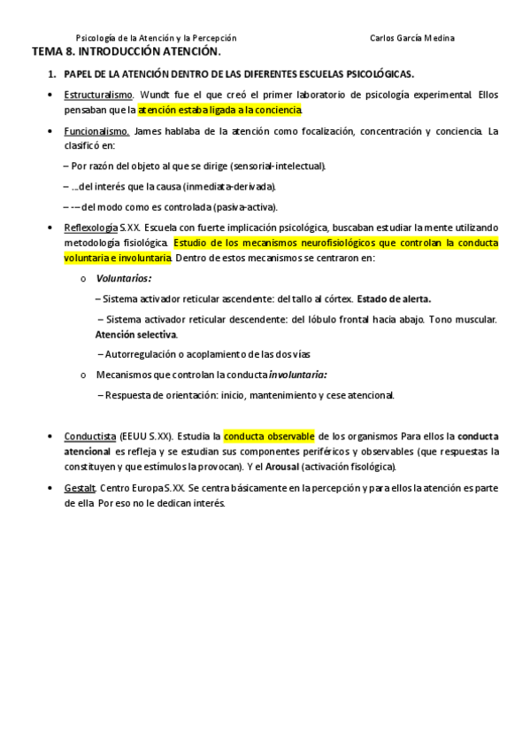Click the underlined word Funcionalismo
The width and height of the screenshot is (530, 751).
tap(96, 131)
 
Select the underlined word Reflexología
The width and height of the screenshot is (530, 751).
tap(91, 228)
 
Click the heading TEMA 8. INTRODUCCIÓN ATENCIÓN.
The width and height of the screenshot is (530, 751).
tap(126, 52)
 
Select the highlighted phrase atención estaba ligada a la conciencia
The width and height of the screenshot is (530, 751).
tap(219, 110)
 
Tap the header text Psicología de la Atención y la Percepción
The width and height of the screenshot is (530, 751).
tap(157, 38)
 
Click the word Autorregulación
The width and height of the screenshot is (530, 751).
tap(135, 354)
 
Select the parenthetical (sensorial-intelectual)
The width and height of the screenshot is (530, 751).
tap(275, 165)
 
